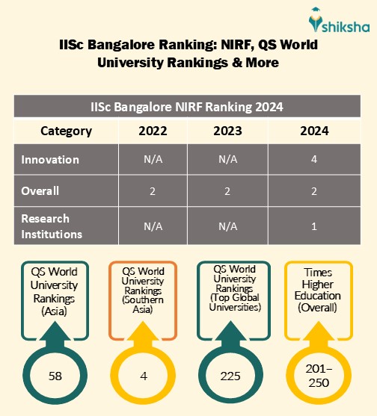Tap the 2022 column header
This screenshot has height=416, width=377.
[x=153, y=131]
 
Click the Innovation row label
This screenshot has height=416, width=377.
[x=50, y=160]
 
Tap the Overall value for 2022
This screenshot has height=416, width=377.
[x=153, y=191]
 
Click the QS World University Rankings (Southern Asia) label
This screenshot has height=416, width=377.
[x=142, y=291]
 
